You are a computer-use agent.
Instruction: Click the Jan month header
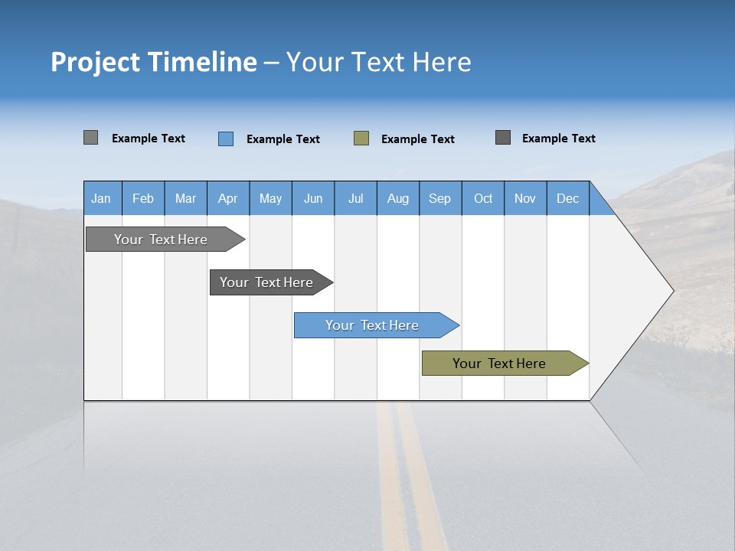[x=102, y=198]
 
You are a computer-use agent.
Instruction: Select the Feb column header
[x=143, y=198]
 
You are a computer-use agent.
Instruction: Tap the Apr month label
[x=228, y=198]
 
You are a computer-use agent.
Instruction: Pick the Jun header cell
[x=313, y=198]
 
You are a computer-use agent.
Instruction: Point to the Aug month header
[x=398, y=198]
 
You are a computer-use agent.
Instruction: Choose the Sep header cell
[x=440, y=198]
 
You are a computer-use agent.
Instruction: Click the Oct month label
[x=483, y=198]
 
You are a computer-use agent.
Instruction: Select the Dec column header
[x=568, y=198]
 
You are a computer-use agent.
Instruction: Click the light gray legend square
[x=91, y=138]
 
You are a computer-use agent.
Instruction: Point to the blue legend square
[x=226, y=139]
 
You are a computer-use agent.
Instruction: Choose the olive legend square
[x=361, y=139]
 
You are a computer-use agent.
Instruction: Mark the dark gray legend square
[x=503, y=138]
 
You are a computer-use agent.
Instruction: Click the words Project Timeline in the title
[x=154, y=62]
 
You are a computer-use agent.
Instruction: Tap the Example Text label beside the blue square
[x=283, y=139]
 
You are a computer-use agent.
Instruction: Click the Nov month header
[x=525, y=198]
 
